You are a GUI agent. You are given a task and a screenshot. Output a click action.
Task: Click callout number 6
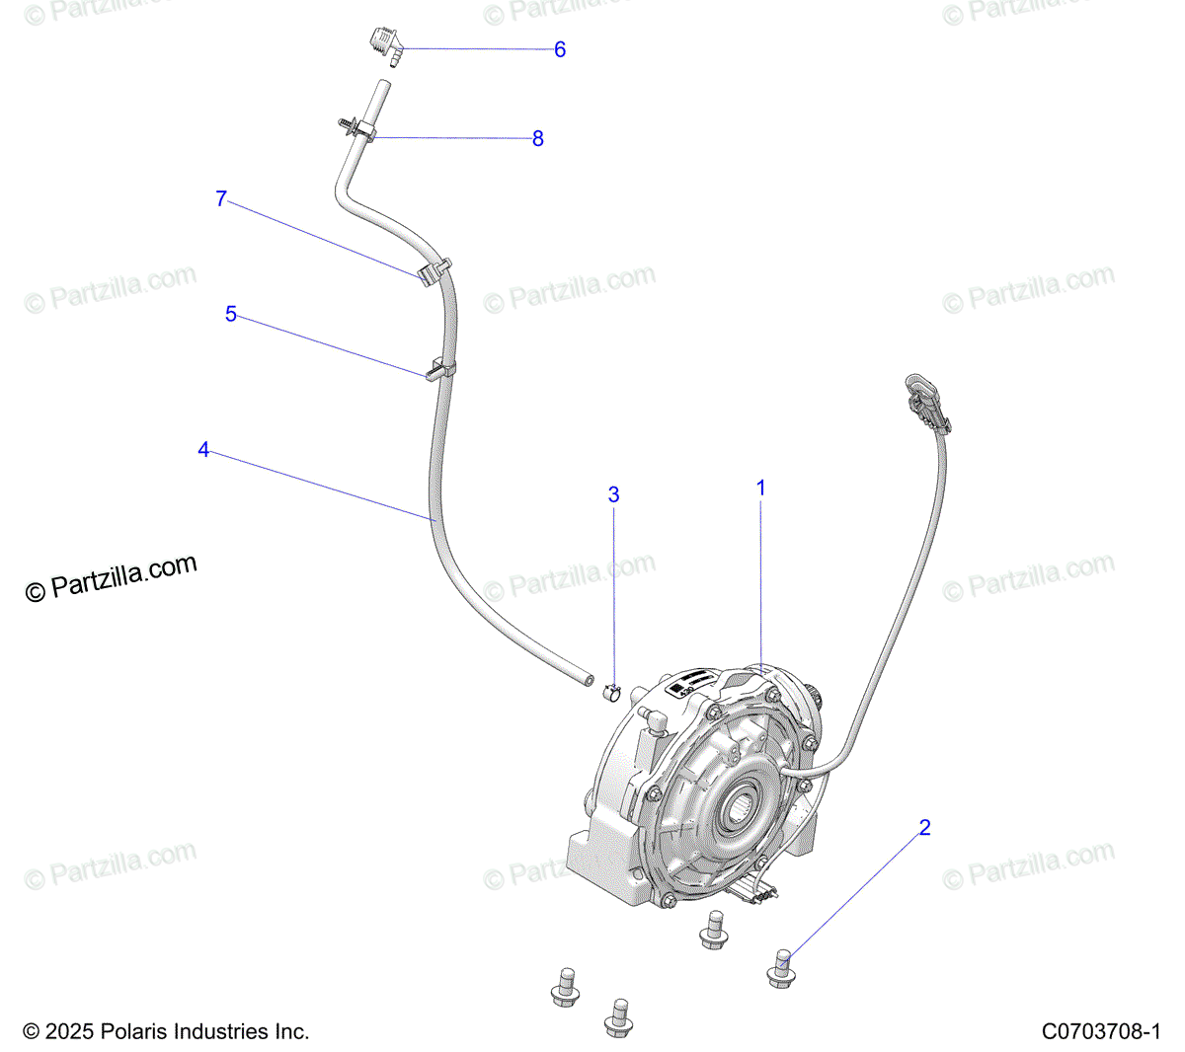[x=560, y=49]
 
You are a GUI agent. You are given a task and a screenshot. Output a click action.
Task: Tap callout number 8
[x=538, y=138]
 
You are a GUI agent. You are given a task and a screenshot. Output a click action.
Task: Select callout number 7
[x=221, y=198]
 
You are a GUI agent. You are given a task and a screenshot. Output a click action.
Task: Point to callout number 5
[x=231, y=314]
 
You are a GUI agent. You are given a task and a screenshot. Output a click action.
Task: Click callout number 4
[x=203, y=449]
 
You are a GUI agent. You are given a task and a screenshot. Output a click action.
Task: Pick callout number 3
[x=613, y=493]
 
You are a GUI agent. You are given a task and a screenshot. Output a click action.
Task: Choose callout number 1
[x=761, y=488]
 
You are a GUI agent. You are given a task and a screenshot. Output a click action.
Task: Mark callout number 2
[x=925, y=827]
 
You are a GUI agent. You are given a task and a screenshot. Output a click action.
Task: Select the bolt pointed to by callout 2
[x=780, y=966]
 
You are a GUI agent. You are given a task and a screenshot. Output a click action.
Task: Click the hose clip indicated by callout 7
[x=432, y=270]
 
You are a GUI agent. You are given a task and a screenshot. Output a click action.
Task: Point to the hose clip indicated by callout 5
[x=438, y=371]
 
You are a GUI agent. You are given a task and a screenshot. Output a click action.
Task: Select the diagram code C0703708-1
[x=1100, y=1031]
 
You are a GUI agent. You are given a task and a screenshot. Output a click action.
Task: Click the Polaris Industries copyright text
[x=166, y=1031]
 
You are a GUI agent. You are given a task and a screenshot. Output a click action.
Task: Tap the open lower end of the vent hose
[x=587, y=679]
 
